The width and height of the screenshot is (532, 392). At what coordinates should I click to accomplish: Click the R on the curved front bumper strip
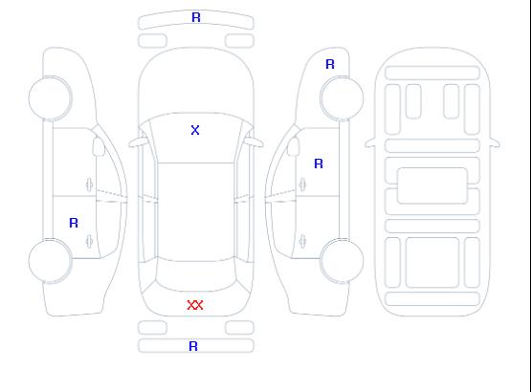tap(196, 17)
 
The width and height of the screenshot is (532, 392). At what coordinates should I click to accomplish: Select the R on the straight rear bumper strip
tap(193, 346)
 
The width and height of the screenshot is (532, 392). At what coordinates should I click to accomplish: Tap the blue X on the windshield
tap(195, 130)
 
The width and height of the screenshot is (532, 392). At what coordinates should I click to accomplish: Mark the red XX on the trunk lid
tap(195, 305)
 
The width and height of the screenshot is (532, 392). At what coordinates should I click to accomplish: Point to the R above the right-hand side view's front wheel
tap(330, 64)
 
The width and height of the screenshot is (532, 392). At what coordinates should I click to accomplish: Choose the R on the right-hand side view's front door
tap(319, 163)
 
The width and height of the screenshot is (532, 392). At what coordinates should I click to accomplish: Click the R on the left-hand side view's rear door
tap(74, 223)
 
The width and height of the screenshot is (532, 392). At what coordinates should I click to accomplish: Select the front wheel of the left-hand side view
tap(50, 98)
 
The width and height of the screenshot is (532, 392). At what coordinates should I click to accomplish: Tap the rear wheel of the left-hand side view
tap(50, 261)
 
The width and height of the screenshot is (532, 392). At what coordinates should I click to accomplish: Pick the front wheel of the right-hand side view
tap(342, 98)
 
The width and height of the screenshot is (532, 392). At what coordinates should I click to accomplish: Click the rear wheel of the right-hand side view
tap(342, 261)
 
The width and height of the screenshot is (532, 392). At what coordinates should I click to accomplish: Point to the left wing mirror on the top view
tap(138, 142)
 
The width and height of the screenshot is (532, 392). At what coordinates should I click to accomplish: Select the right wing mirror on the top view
tap(255, 142)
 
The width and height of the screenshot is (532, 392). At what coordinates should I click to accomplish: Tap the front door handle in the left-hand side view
tap(89, 185)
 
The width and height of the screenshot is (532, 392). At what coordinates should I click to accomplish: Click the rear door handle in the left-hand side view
tap(89, 241)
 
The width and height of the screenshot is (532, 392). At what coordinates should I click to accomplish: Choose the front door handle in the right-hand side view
tap(302, 185)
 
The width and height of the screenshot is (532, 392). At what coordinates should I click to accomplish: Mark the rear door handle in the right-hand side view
tap(302, 241)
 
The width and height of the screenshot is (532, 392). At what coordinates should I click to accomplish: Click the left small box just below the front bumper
tap(153, 41)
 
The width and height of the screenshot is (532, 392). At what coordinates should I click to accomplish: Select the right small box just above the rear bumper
tap(239, 328)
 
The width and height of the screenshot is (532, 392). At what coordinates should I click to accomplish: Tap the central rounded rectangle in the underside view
tap(432, 185)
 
